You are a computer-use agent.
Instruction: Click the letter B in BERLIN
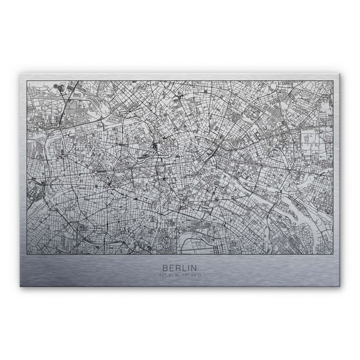point(164,268)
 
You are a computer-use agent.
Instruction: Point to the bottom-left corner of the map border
point(27,254)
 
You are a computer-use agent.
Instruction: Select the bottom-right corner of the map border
point(333,254)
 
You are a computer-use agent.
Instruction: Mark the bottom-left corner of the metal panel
point(20,286)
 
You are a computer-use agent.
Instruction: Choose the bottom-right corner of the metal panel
point(340,286)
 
